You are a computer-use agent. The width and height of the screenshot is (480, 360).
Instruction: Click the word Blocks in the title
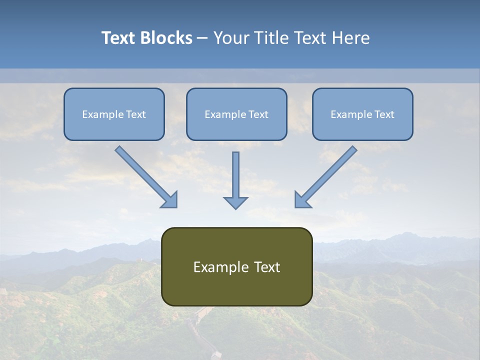pos(167,38)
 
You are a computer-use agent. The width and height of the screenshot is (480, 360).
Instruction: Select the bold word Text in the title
pos(120,38)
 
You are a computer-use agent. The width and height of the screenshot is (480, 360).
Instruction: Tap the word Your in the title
pos(231,38)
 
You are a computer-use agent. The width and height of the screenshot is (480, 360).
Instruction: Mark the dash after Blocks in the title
pos(202,38)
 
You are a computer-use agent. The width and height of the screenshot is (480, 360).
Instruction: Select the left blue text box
pos(114,114)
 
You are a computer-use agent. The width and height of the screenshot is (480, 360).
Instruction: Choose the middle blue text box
pos(236,114)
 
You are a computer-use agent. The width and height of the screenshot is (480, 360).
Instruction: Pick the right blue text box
pos(362,114)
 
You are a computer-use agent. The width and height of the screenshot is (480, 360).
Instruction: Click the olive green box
pos(236,266)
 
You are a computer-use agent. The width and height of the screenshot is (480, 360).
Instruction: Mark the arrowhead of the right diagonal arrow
pos(302,200)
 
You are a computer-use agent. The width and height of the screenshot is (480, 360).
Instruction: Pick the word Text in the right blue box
pos(384,114)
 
